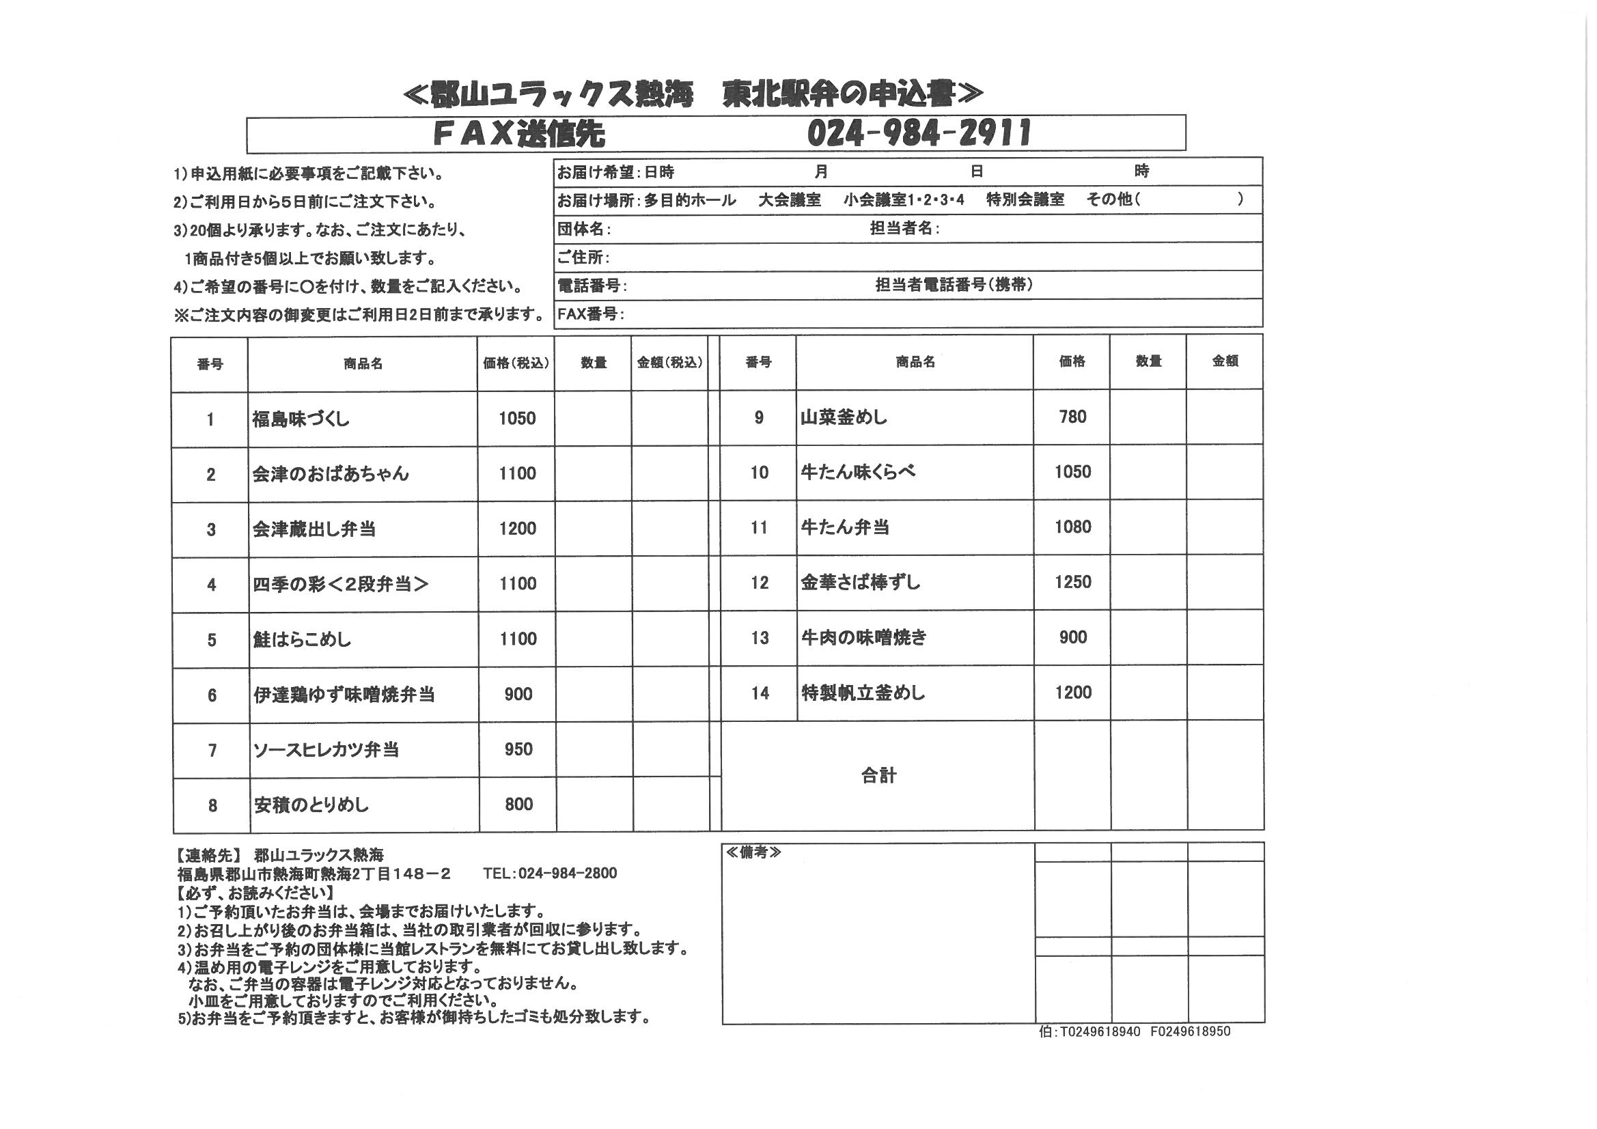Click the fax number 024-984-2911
[918, 133]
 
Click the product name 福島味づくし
[301, 419]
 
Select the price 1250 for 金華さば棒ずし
[1072, 582]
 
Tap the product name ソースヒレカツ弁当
[326, 750]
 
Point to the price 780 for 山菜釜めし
[1072, 417]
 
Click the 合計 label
[878, 776]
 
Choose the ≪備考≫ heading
[753, 853]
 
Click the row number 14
[760, 693]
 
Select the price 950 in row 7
[518, 749]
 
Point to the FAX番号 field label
[591, 313]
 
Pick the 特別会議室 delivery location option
[1025, 199]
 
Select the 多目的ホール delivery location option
[689, 200]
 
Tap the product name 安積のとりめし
[311, 805]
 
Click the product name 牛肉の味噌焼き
[864, 637]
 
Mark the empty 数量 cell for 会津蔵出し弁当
[594, 529]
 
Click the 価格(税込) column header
[516, 364]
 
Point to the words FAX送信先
[518, 134]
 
